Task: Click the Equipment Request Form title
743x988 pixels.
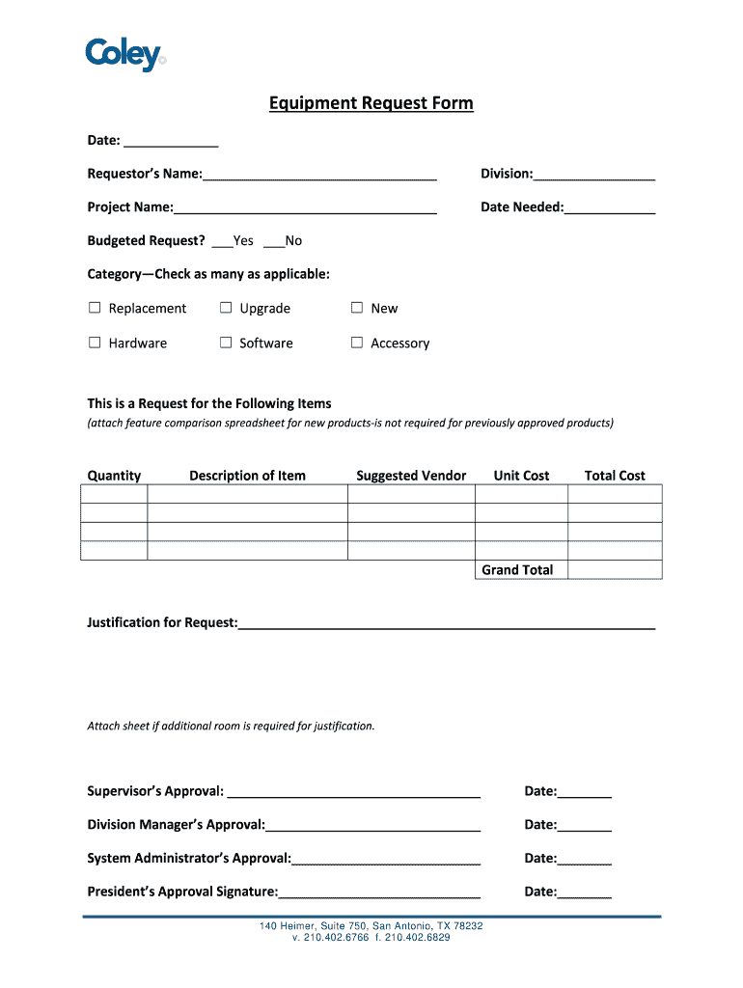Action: (x=371, y=103)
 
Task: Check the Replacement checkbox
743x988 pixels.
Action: (x=95, y=308)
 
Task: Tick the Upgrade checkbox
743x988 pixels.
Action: (x=226, y=308)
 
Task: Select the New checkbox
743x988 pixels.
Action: (x=357, y=308)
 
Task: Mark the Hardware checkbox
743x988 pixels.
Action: (x=95, y=343)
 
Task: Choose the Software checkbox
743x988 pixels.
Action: (x=226, y=343)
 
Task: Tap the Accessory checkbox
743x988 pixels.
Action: (x=357, y=343)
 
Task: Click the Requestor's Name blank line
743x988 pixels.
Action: (x=319, y=176)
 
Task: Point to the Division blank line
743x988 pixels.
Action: (x=594, y=176)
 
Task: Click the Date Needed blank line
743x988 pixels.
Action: (x=610, y=209)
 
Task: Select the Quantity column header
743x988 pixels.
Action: (x=114, y=476)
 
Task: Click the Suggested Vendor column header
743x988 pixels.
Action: (x=411, y=476)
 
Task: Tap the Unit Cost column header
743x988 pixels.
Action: (x=521, y=476)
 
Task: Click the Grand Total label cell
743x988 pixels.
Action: (x=518, y=570)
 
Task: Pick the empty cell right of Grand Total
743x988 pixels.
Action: (x=615, y=570)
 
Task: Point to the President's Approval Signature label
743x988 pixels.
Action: (x=182, y=892)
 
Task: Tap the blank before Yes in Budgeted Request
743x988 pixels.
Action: (x=222, y=242)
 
